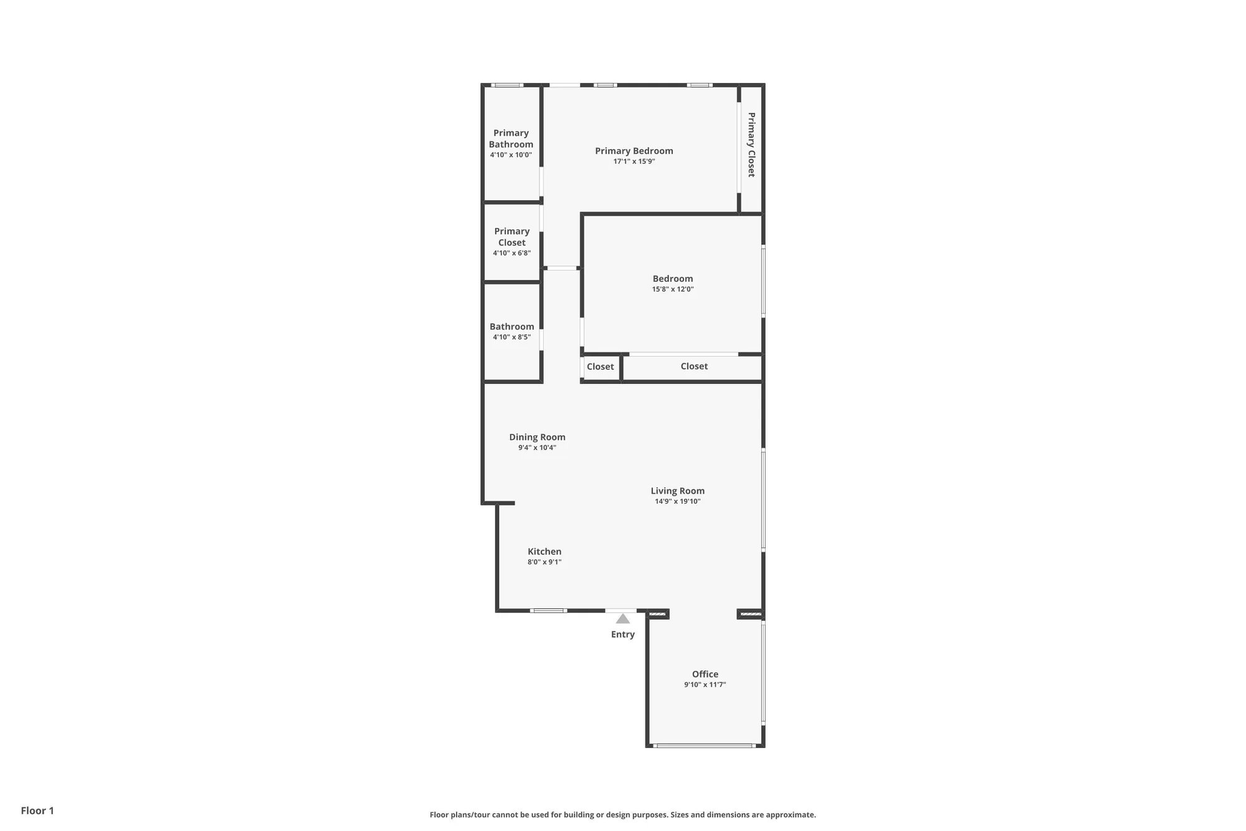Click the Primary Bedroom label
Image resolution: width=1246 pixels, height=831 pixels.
(x=634, y=151)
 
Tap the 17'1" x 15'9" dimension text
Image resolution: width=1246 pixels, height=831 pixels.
(x=634, y=161)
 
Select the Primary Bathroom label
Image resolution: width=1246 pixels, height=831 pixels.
(x=511, y=138)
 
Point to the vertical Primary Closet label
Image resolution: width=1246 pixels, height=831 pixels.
(x=751, y=145)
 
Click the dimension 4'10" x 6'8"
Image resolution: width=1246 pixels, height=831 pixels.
(x=511, y=253)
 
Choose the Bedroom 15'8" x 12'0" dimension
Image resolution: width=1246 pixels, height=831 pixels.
(x=672, y=289)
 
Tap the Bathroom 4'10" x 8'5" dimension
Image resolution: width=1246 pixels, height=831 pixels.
(x=511, y=337)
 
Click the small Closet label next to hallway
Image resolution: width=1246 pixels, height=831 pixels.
(x=600, y=367)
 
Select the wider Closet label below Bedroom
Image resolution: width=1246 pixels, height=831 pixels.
(x=694, y=366)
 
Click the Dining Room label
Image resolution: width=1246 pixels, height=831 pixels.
(x=537, y=437)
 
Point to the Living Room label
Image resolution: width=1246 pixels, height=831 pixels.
(x=677, y=491)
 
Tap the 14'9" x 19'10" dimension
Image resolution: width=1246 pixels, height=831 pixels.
(x=677, y=501)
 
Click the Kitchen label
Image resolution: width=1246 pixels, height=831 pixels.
(x=544, y=551)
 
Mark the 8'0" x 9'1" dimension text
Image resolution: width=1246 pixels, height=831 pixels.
(x=544, y=562)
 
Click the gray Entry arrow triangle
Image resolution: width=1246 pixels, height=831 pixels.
(x=622, y=619)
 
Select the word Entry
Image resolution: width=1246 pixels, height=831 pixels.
(x=622, y=634)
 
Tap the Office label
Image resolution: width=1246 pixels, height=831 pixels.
(x=705, y=674)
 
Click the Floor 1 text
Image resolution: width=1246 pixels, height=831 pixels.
(x=37, y=810)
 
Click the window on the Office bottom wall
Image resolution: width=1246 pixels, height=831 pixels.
(x=704, y=745)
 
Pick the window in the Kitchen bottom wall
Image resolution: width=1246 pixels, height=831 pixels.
(x=548, y=610)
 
